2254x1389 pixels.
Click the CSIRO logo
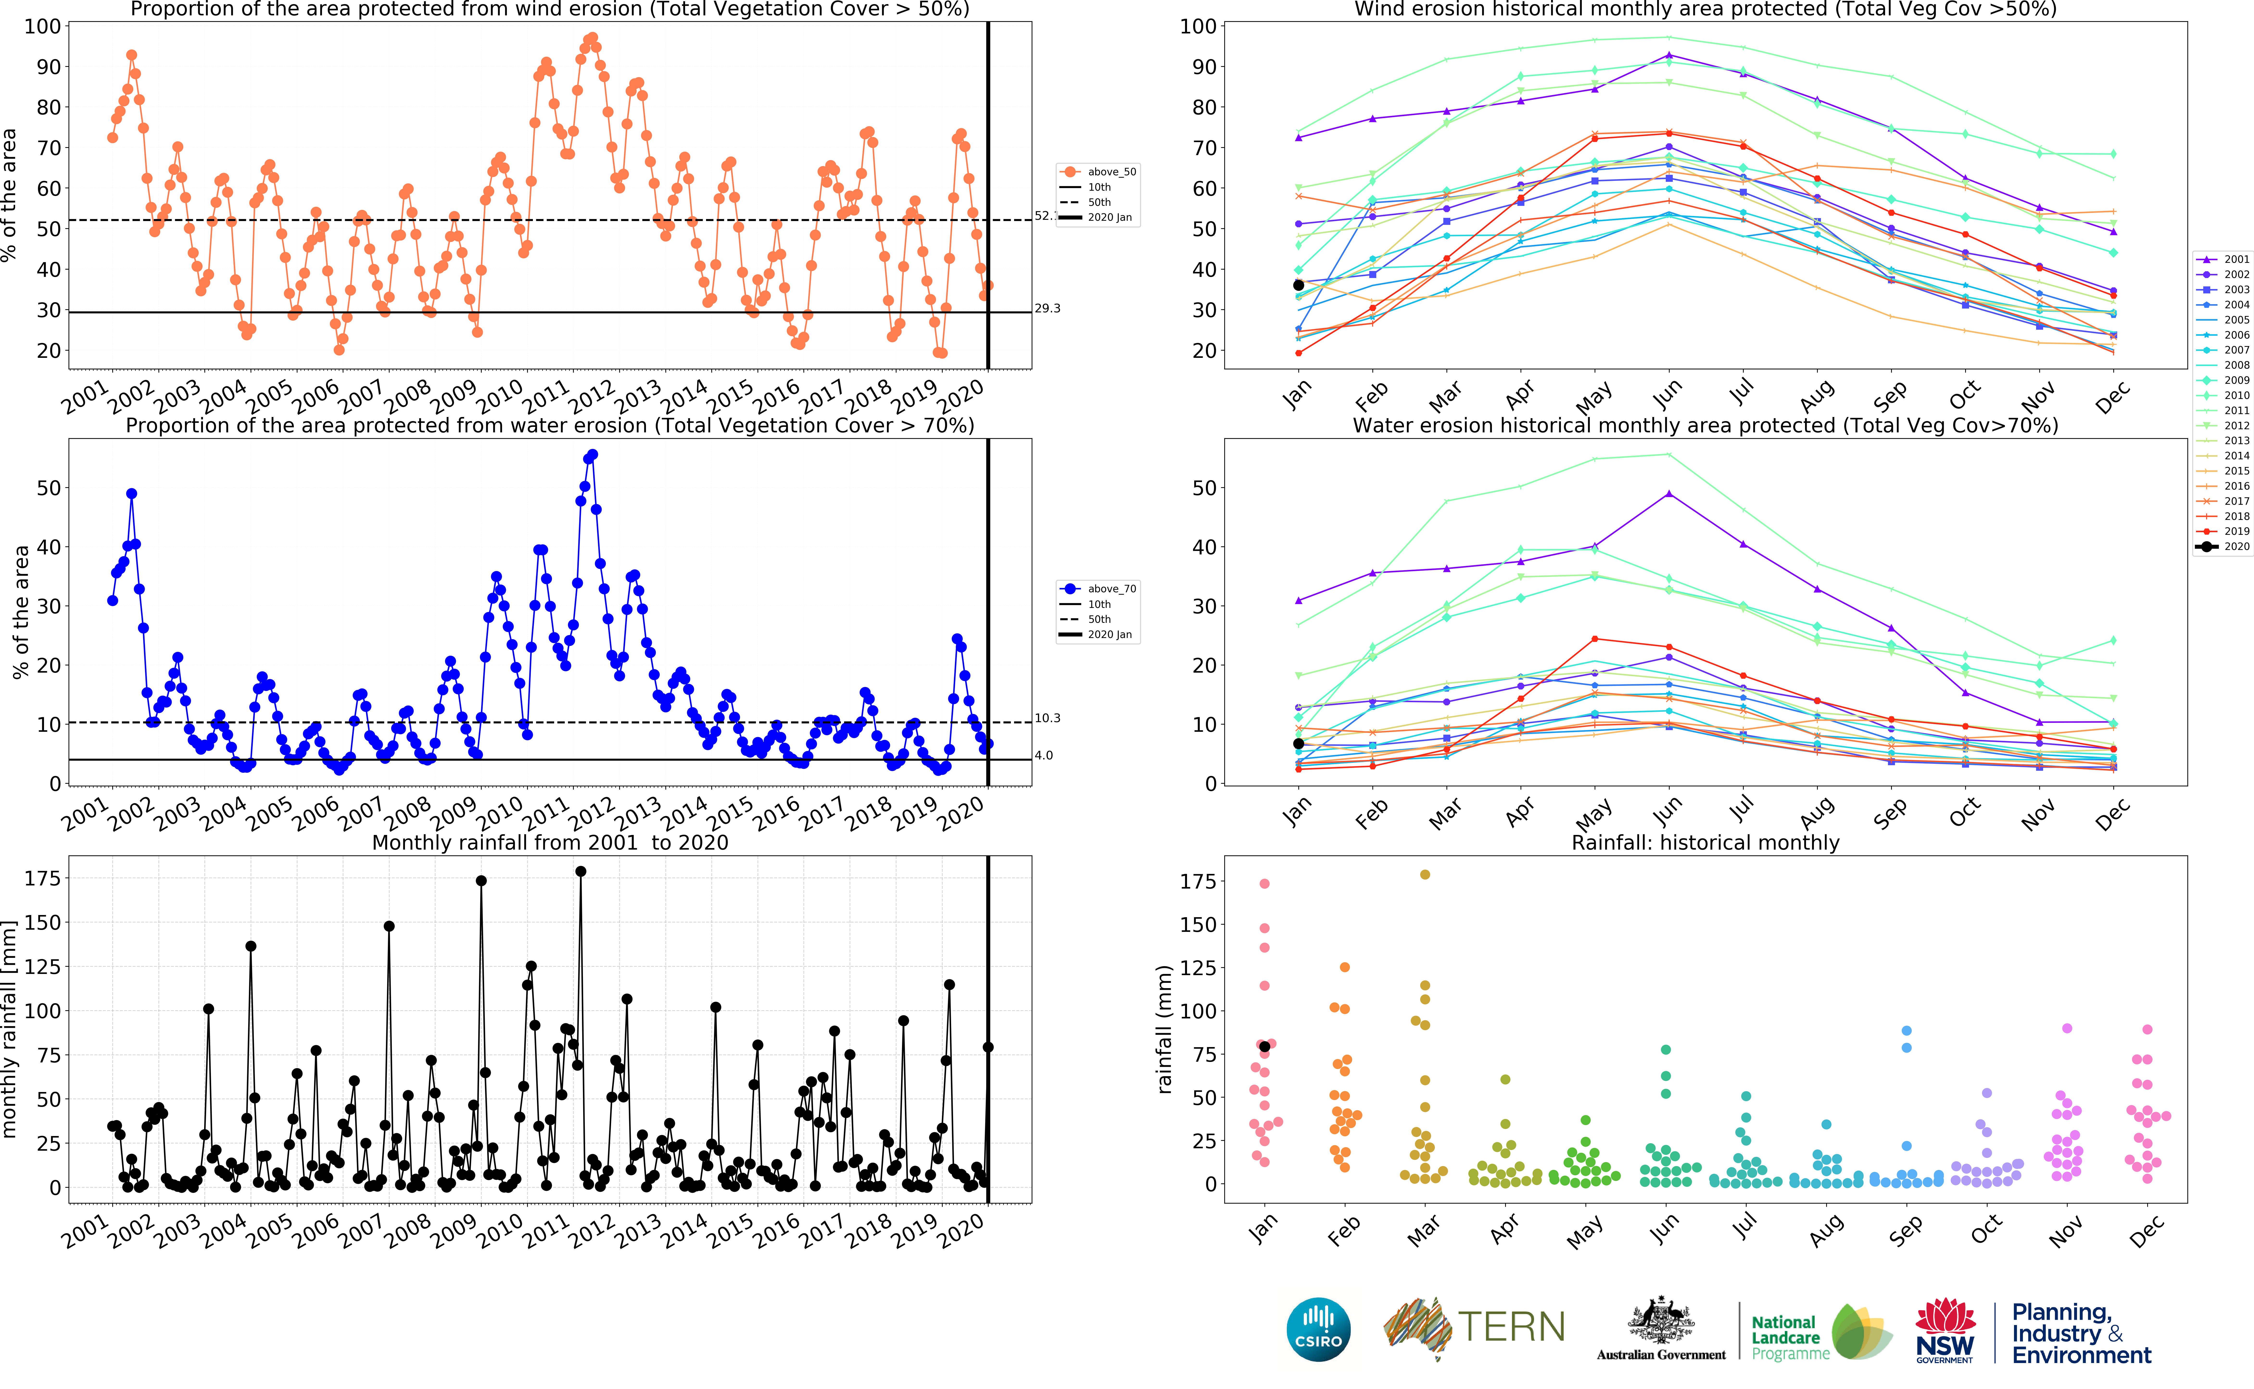1318,1329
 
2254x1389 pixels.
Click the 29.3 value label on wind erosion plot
1047,309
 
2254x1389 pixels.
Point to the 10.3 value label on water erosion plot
1047,718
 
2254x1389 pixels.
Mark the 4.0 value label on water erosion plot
1043,756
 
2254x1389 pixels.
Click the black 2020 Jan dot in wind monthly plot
1298,286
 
